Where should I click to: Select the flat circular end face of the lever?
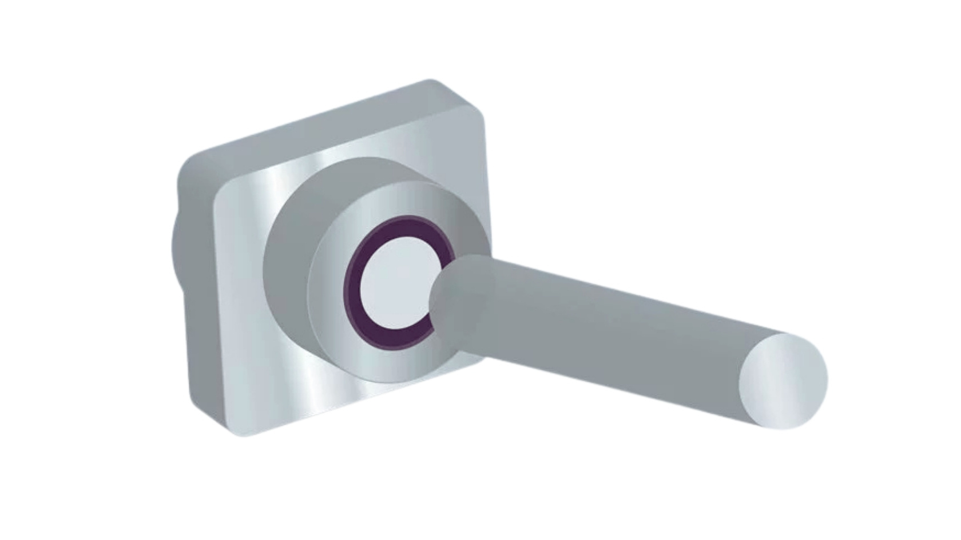click(x=783, y=381)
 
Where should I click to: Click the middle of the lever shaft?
click(x=606, y=334)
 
